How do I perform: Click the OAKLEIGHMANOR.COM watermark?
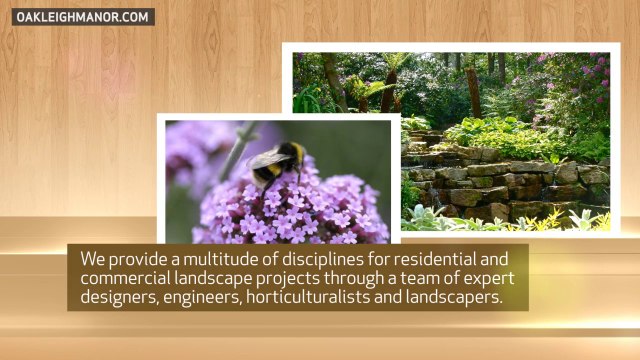point(84,17)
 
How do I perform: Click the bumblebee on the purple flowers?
point(275,162)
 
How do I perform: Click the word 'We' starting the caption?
point(94,258)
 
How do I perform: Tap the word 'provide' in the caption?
point(144,258)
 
